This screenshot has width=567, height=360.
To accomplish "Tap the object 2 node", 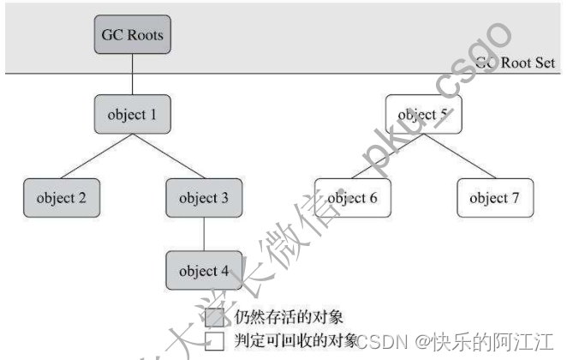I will click(61, 198).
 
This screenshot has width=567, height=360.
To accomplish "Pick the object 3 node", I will click(203, 198).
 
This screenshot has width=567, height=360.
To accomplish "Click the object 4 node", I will click(203, 272).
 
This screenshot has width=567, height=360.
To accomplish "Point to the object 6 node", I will click(352, 198).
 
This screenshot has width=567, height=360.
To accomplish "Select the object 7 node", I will click(493, 198).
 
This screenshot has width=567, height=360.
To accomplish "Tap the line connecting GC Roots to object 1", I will click(131, 76).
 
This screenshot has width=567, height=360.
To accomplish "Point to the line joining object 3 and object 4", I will click(203, 235).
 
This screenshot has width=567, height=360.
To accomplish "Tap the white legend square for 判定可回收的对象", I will click(215, 341).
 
